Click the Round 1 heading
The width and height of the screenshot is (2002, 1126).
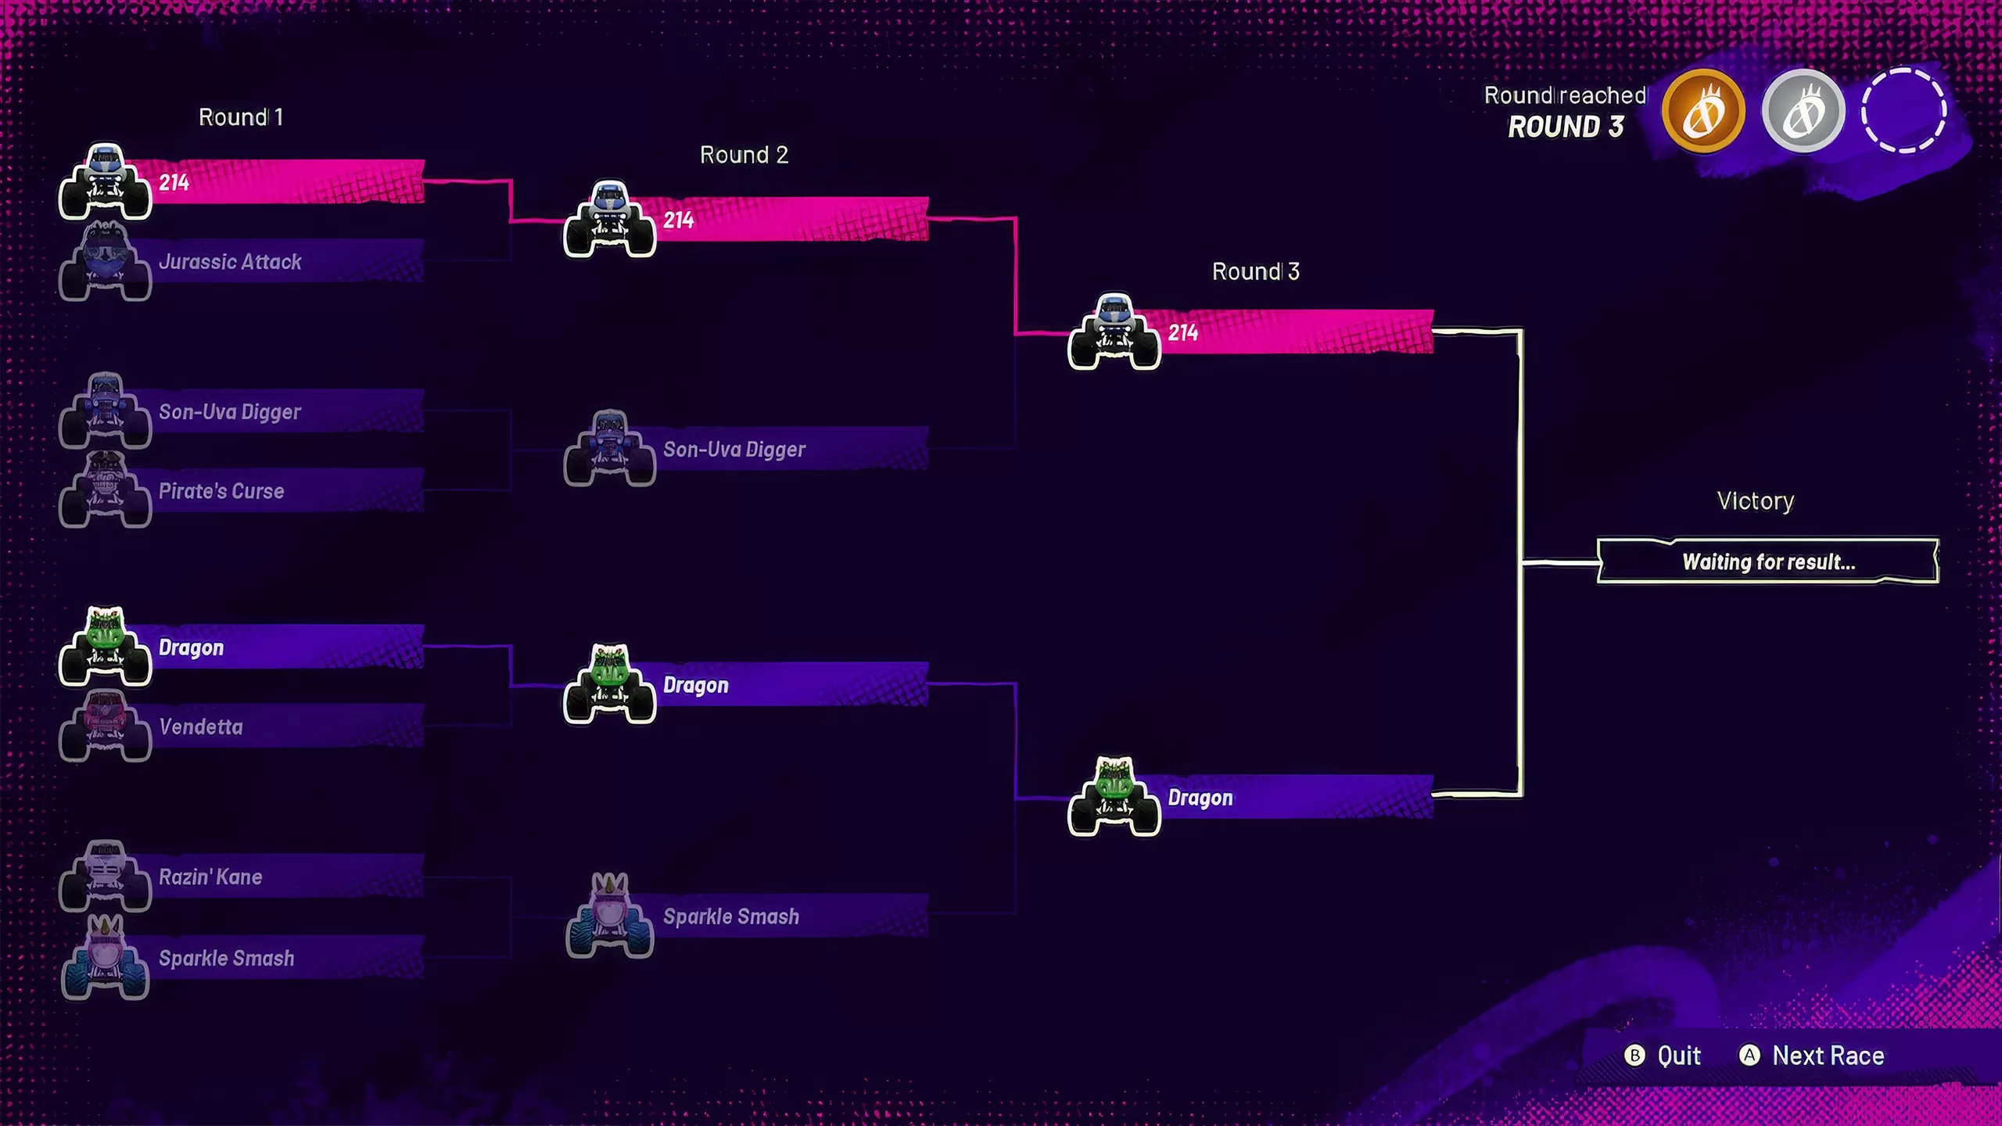pyautogui.click(x=241, y=117)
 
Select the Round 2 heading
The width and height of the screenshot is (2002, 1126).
pyautogui.click(x=744, y=155)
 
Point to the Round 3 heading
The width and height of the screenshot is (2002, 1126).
pyautogui.click(x=1255, y=271)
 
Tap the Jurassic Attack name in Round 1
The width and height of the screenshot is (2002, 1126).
pyautogui.click(x=230, y=262)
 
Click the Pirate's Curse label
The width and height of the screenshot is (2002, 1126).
pyautogui.click(x=221, y=491)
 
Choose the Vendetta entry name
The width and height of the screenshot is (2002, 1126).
pyautogui.click(x=201, y=727)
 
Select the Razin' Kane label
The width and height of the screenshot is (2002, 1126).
pyautogui.click(x=210, y=877)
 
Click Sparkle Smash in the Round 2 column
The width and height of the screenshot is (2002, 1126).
pyautogui.click(x=731, y=916)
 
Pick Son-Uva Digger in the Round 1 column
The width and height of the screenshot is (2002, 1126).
pyautogui.click(x=230, y=412)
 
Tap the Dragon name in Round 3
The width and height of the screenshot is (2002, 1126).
pyautogui.click(x=1200, y=798)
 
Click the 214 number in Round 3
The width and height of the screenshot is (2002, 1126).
pyautogui.click(x=1182, y=333)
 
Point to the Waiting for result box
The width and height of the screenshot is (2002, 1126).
pyautogui.click(x=1767, y=561)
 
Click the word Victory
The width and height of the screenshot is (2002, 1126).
pyautogui.click(x=1755, y=501)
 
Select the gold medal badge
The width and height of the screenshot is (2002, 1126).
pyautogui.click(x=1703, y=111)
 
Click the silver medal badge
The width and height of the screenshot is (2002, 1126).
pyautogui.click(x=1803, y=111)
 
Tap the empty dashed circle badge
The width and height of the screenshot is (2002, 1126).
pyautogui.click(x=1903, y=111)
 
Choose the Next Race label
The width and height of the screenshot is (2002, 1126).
pyautogui.click(x=1828, y=1056)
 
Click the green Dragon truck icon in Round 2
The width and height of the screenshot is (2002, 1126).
pyautogui.click(x=610, y=683)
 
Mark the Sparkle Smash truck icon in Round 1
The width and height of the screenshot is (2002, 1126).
pyautogui.click(x=105, y=959)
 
